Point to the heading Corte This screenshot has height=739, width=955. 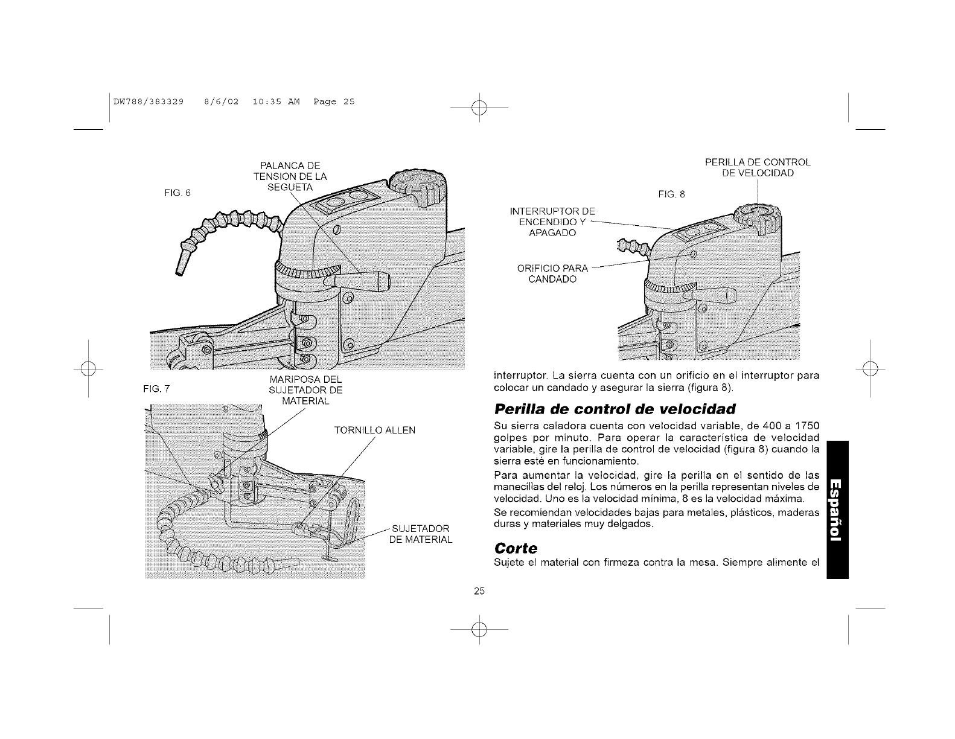[516, 548]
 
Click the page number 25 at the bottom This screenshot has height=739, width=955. [479, 591]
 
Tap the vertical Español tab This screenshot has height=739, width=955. [838, 510]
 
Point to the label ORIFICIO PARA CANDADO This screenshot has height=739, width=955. [552, 274]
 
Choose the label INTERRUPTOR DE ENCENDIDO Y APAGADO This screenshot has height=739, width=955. [552, 222]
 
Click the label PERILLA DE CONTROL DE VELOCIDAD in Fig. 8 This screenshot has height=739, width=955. [758, 168]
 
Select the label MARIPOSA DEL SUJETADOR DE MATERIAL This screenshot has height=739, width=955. [305, 390]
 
